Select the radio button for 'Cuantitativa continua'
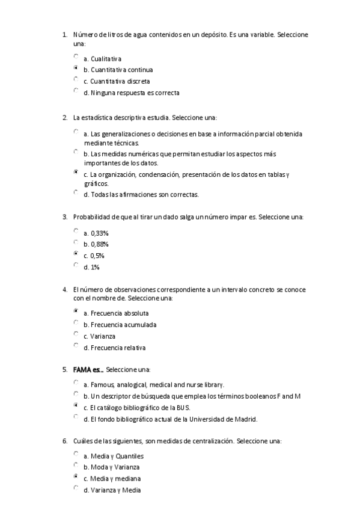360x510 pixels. point(76,68)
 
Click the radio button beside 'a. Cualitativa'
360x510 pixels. point(76,57)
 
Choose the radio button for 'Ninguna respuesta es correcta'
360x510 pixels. point(76,91)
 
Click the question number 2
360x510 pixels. point(64,117)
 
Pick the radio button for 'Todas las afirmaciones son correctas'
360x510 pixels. point(76,192)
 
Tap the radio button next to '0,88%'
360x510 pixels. point(76,242)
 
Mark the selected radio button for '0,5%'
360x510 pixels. point(76,254)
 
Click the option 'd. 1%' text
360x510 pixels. point(91,267)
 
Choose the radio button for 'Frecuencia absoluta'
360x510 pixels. point(76,311)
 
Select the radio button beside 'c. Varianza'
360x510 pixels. point(76,334)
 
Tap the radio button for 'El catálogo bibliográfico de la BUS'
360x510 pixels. point(76,405)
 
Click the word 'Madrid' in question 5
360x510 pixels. point(247,419)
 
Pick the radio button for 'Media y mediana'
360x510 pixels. point(76,476)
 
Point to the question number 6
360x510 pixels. point(64,441)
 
